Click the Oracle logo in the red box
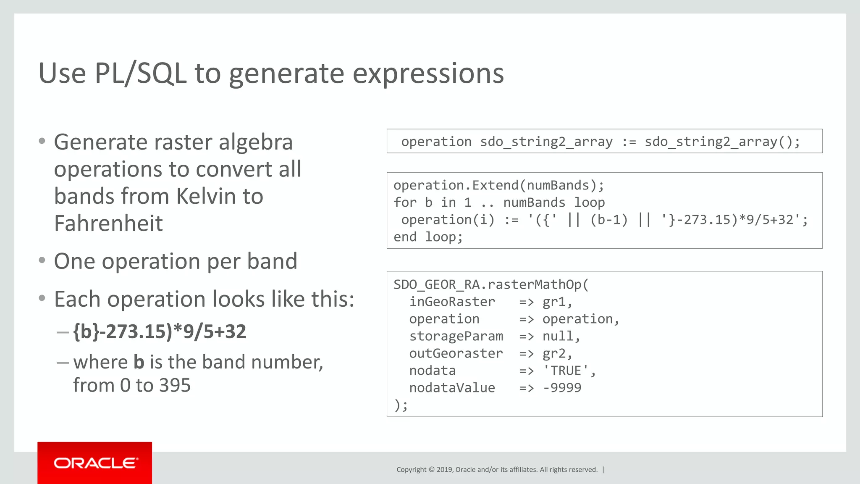(95, 463)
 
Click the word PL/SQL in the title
(141, 74)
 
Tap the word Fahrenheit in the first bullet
(108, 223)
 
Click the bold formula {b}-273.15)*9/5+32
(160, 331)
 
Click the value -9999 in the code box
(562, 388)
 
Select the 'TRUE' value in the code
(569, 371)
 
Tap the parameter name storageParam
(456, 336)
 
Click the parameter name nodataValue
(452, 388)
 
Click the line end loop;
(428, 237)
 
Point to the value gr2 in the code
(554, 354)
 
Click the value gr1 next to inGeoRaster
(554, 302)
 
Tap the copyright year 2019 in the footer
(445, 470)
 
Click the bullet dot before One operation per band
(42, 261)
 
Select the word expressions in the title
(428, 74)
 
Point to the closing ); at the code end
(400, 405)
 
